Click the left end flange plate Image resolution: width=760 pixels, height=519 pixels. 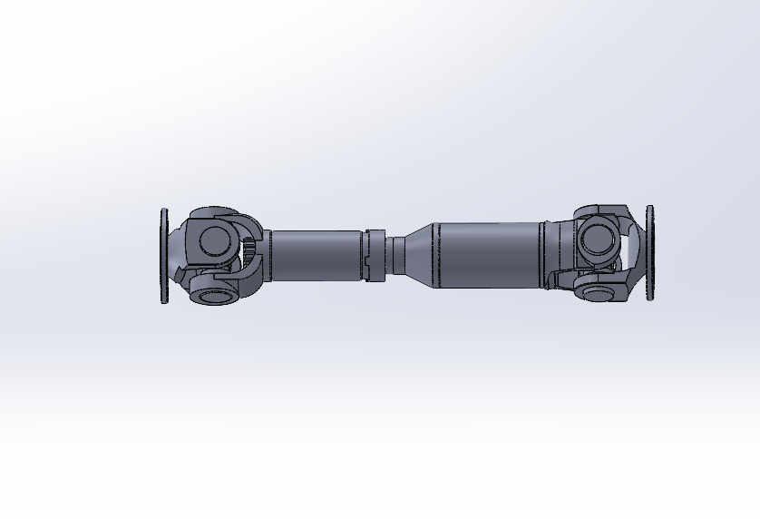pyautogui.click(x=164, y=256)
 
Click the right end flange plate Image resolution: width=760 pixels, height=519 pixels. pyautogui.click(x=650, y=251)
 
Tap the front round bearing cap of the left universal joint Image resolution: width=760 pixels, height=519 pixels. pyautogui.click(x=215, y=240)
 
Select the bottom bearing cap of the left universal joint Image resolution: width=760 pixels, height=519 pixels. pyautogui.click(x=215, y=294)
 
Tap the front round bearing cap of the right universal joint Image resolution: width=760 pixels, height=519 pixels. pyautogui.click(x=596, y=239)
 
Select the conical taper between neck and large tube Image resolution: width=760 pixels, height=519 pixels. pyautogui.click(x=418, y=253)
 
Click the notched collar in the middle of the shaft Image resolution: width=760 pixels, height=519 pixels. pyautogui.click(x=375, y=255)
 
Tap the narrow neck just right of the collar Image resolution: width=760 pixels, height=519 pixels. pyautogui.click(x=395, y=255)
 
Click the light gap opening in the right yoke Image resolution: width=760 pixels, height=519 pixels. pyautogui.click(x=631, y=242)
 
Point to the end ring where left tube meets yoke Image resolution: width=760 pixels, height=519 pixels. pyautogui.click(x=268, y=255)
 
